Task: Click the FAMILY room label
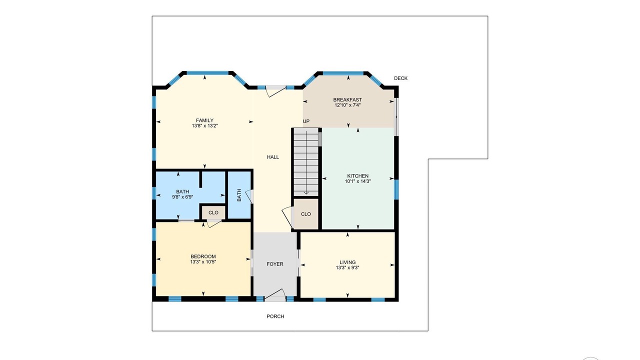pyautogui.click(x=204, y=120)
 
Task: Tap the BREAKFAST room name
pyautogui.click(x=347, y=99)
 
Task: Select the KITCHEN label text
pyautogui.click(x=357, y=176)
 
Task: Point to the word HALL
pyautogui.click(x=273, y=157)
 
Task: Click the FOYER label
pyautogui.click(x=275, y=264)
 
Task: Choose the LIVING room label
pyautogui.click(x=347, y=262)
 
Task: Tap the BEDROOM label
pyautogui.click(x=203, y=256)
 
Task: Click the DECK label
pyautogui.click(x=400, y=78)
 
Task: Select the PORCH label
pyautogui.click(x=275, y=316)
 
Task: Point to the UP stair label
pyautogui.click(x=306, y=121)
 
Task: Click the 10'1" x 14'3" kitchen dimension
pyautogui.click(x=357, y=181)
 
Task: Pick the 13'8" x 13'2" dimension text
pyautogui.click(x=204, y=125)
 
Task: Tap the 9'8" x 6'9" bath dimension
pyautogui.click(x=182, y=197)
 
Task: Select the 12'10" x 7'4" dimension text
pyautogui.click(x=347, y=105)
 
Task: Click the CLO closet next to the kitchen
pyautogui.click(x=305, y=214)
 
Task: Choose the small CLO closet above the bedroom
pyautogui.click(x=213, y=212)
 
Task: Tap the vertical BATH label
pyautogui.click(x=239, y=195)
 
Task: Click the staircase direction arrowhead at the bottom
pyautogui.click(x=306, y=193)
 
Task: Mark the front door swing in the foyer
pyautogui.click(x=275, y=294)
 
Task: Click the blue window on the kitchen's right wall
pyautogui.click(x=396, y=189)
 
